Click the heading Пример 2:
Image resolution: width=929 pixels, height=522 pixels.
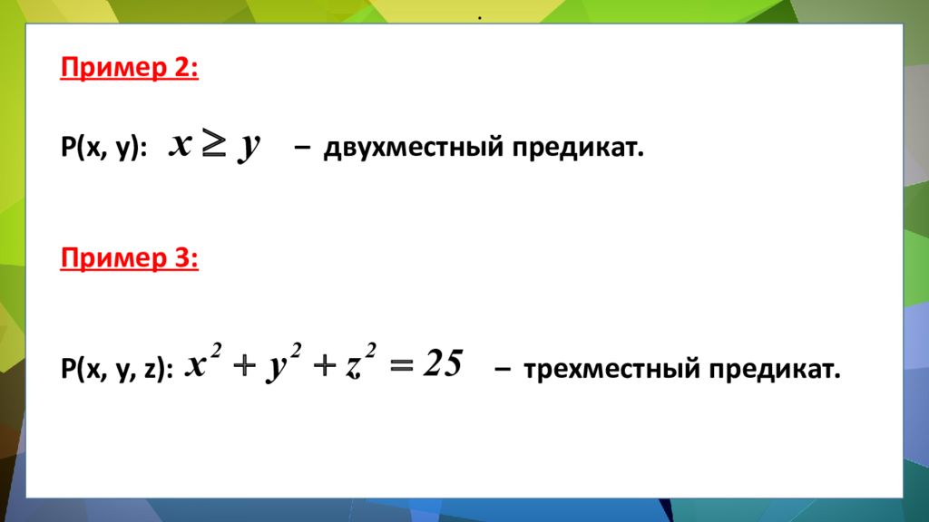[129, 69]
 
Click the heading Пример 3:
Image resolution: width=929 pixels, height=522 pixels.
[129, 258]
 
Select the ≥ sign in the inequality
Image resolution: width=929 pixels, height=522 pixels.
[213, 146]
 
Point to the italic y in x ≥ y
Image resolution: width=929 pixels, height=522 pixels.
[248, 148]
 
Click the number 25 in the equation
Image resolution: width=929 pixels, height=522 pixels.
[443, 365]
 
